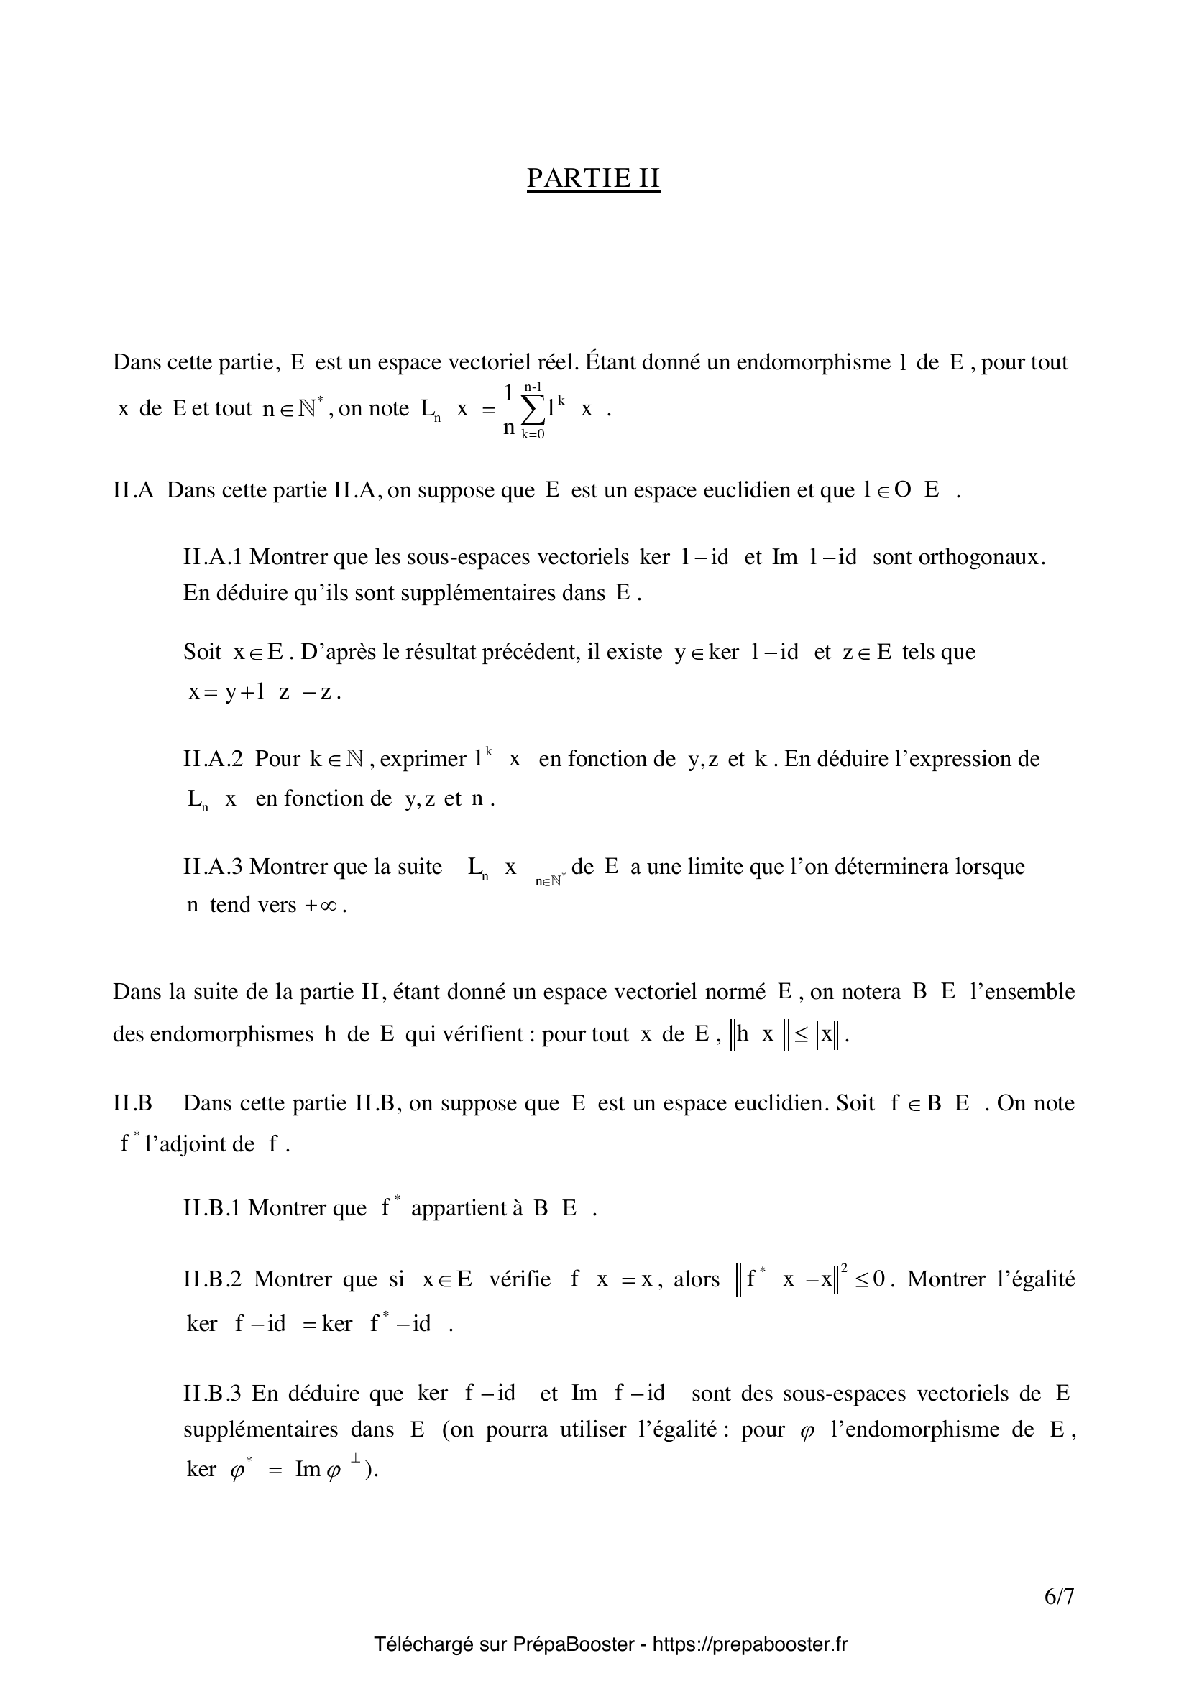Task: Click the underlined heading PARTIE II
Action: (x=593, y=178)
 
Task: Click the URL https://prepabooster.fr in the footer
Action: (x=750, y=1644)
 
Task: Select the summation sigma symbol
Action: (x=533, y=410)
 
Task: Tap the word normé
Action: (x=735, y=992)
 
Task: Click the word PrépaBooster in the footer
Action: (x=573, y=1644)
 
